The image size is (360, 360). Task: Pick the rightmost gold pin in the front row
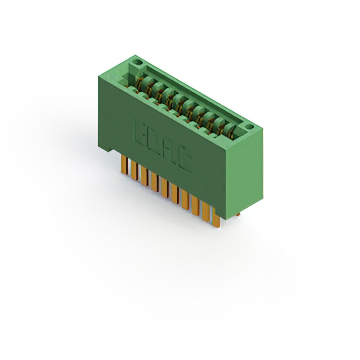(216, 219)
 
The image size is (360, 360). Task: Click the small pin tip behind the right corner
(238, 214)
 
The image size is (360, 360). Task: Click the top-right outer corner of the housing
(263, 129)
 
